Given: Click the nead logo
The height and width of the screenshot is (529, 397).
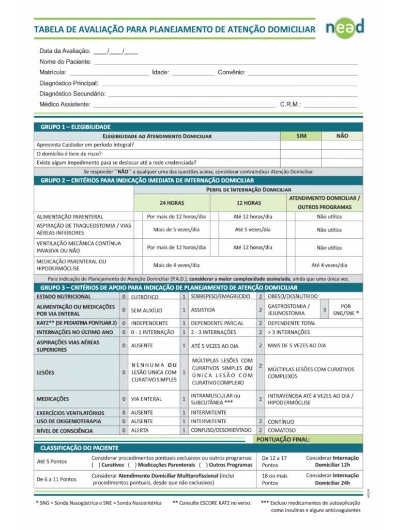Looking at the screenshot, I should pyautogui.click(x=345, y=28).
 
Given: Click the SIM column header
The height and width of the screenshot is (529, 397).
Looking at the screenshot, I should pyautogui.click(x=301, y=136).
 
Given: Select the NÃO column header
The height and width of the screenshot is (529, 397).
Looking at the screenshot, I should pyautogui.click(x=342, y=136).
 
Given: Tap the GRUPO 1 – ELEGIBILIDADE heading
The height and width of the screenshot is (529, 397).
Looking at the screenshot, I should pyautogui.click(x=75, y=127).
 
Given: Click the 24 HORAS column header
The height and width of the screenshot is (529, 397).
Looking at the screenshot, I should pyautogui.click(x=172, y=203).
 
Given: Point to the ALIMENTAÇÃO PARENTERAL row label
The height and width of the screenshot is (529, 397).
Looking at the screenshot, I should pyautogui.click(x=70, y=217).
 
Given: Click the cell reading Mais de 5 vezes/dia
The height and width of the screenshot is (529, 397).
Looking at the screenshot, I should pyautogui.click(x=176, y=229).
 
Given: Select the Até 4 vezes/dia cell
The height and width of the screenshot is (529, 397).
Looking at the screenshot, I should pyautogui.click(x=329, y=265).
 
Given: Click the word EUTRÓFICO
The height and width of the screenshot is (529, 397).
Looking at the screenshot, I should pyautogui.click(x=145, y=297).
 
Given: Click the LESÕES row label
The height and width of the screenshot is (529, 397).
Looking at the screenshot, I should pyautogui.click(x=45, y=372).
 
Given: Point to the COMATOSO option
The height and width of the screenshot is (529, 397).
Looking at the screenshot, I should pyautogui.click(x=282, y=430).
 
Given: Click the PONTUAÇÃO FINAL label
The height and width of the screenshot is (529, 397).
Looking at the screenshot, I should pyautogui.click(x=283, y=440).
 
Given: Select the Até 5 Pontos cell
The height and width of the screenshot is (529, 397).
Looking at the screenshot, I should pyautogui.click(x=52, y=461).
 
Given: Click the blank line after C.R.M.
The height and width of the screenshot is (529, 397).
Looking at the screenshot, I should pyautogui.click(x=331, y=105).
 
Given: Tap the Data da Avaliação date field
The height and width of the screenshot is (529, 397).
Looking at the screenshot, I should pyautogui.click(x=116, y=51).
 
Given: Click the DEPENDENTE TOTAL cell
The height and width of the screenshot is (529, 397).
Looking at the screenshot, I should pyautogui.click(x=291, y=323).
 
